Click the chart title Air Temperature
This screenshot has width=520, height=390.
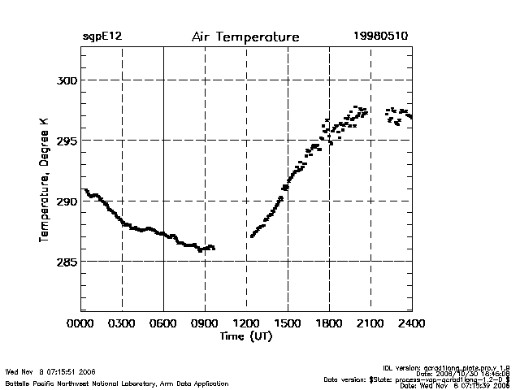coord(245,37)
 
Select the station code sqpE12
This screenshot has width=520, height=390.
coord(102,37)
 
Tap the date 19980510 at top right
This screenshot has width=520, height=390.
coord(382,37)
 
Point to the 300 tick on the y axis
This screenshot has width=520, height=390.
coord(66,80)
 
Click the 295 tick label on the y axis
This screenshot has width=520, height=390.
coord(66,141)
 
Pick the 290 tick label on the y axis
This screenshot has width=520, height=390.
coord(66,201)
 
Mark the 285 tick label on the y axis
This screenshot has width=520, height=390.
coord(66,262)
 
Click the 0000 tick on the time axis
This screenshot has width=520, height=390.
coord(80,324)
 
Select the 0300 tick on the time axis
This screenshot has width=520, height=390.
coord(122,324)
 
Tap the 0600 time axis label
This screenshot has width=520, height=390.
coord(163,324)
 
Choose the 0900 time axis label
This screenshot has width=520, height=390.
coord(205,324)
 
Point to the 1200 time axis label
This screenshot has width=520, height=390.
coord(246,324)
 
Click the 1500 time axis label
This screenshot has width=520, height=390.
coord(288,324)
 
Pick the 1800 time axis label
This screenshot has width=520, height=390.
coord(329,324)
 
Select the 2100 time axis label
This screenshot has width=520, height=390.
coord(370,324)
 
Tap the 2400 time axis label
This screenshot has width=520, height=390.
coord(411,324)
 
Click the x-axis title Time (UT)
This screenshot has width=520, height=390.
coord(245,336)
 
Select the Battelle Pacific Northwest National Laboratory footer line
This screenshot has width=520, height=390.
coord(117,383)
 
